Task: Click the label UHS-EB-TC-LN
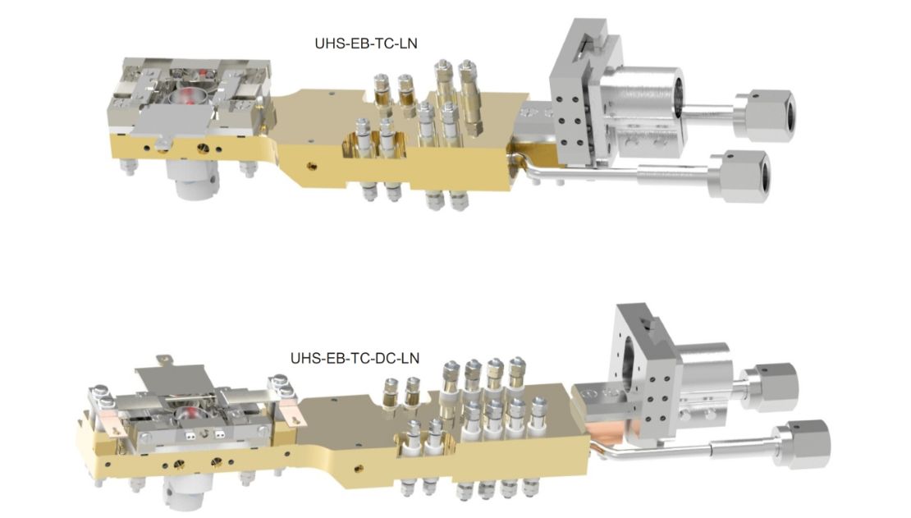pos(365,44)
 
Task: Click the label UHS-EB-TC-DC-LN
pos(355,358)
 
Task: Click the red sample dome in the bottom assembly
pos(187,415)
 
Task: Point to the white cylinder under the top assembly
pos(192,179)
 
